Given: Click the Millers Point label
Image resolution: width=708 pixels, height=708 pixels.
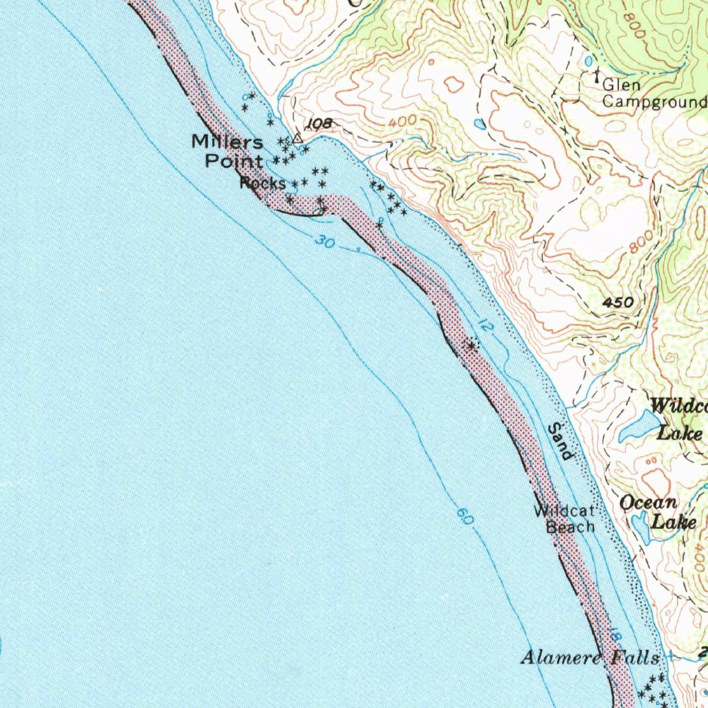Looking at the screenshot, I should pyautogui.click(x=228, y=151).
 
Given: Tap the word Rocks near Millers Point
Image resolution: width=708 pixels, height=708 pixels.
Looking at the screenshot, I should pyautogui.click(x=263, y=183).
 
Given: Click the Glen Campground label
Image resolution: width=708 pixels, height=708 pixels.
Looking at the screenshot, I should pyautogui.click(x=653, y=94).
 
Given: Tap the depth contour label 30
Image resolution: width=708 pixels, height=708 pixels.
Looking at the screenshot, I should pyautogui.click(x=323, y=242).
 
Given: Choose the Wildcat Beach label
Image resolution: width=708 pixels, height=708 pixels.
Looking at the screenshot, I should pyautogui.click(x=564, y=519).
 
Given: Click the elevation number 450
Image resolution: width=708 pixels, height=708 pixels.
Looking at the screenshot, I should pyautogui.click(x=617, y=302).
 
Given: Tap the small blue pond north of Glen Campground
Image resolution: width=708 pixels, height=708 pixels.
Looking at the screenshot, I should pyautogui.click(x=588, y=62).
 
